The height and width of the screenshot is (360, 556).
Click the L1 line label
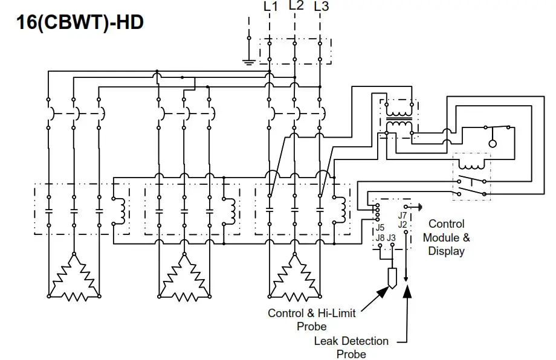271,7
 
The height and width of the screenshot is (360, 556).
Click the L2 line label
296,6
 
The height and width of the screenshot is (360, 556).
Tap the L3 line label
322,7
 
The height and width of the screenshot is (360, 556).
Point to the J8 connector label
380,238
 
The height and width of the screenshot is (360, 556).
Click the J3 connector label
392,238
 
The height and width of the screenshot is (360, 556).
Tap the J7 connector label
402,215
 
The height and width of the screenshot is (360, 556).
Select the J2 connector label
402,224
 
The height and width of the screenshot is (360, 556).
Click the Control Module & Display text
446,237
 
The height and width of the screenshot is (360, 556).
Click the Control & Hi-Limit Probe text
311,320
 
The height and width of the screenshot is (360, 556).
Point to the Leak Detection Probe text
351,347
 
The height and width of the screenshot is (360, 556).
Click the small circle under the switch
493,144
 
